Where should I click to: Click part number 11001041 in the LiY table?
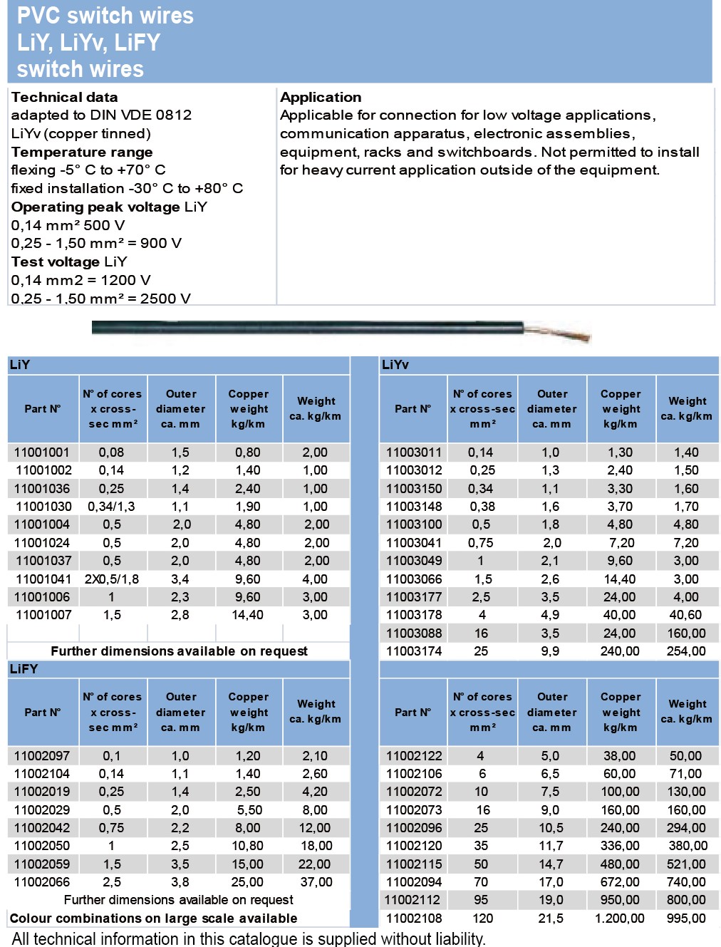(43, 579)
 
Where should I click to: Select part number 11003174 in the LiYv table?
(414, 651)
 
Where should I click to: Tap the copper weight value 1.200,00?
(619, 918)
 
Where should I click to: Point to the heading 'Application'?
(321, 97)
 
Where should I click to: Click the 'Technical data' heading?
(65, 97)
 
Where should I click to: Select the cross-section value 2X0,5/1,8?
(112, 579)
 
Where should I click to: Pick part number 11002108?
(414, 918)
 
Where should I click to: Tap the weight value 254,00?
(686, 651)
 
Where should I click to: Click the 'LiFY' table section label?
(24, 669)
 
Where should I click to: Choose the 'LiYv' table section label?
(395, 365)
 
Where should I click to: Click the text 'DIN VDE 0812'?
(141, 115)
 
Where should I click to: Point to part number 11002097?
(42, 756)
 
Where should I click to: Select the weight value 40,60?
(685, 615)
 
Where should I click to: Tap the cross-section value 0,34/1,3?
(111, 507)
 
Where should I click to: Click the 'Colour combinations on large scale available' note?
(154, 918)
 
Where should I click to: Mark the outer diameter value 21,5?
(551, 918)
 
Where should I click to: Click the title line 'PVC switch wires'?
(105, 16)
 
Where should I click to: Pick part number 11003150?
(414, 489)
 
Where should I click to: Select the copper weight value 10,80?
(248, 846)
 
